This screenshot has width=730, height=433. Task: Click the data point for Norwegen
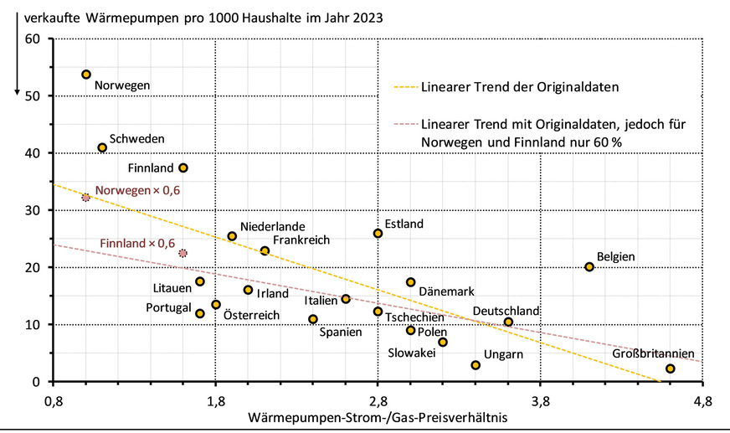pyautogui.click(x=86, y=75)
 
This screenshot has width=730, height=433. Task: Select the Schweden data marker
pyautogui.click(x=102, y=147)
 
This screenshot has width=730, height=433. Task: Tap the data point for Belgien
pyautogui.click(x=589, y=267)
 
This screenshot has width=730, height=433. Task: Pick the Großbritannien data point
pyautogui.click(x=671, y=369)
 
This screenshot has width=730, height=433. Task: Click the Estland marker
pyautogui.click(x=378, y=234)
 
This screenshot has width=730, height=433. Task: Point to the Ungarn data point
pyautogui.click(x=476, y=365)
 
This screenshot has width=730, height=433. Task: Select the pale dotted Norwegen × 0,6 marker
pyautogui.click(x=85, y=198)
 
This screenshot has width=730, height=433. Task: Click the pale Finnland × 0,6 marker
pyautogui.click(x=183, y=253)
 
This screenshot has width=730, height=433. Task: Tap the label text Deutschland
pyautogui.click(x=506, y=311)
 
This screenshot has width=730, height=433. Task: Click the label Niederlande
pyautogui.click(x=272, y=226)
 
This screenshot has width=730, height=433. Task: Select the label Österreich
pyautogui.click(x=251, y=316)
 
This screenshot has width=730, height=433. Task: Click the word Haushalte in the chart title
pyautogui.click(x=271, y=17)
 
